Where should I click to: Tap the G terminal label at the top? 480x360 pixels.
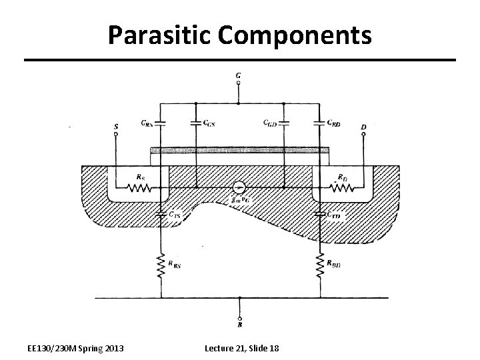tap(239, 75)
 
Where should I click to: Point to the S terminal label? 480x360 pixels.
tap(116, 125)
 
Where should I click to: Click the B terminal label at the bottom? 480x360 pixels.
tap(239, 324)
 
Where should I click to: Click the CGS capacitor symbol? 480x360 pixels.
tap(195, 123)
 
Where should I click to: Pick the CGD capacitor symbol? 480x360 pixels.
tap(284, 123)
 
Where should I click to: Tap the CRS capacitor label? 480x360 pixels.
tap(147, 123)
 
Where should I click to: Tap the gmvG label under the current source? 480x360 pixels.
tap(238, 200)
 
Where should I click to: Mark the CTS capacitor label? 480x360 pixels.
tap(174, 215)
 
